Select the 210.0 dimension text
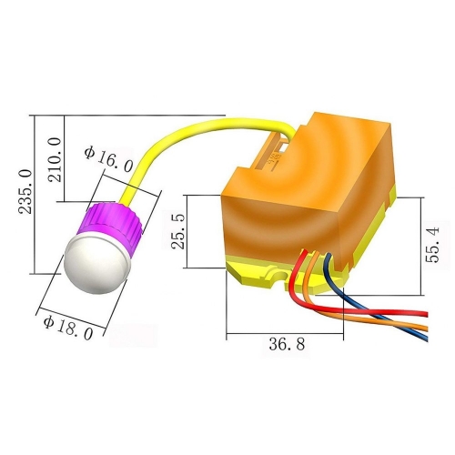point(55,159)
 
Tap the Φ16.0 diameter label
point(108,160)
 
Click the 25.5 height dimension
point(177,231)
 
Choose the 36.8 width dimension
point(287,345)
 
